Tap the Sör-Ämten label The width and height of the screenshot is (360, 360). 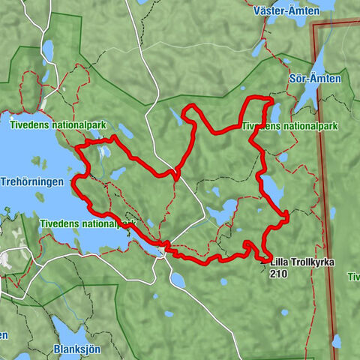(314, 78)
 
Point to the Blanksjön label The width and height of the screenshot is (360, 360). (76, 349)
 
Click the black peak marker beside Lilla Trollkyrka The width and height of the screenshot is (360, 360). (263, 262)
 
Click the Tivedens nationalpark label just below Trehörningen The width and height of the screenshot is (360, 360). (87, 223)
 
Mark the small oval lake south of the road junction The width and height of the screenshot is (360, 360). (178, 280)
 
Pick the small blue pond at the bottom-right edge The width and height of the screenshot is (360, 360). (337, 342)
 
